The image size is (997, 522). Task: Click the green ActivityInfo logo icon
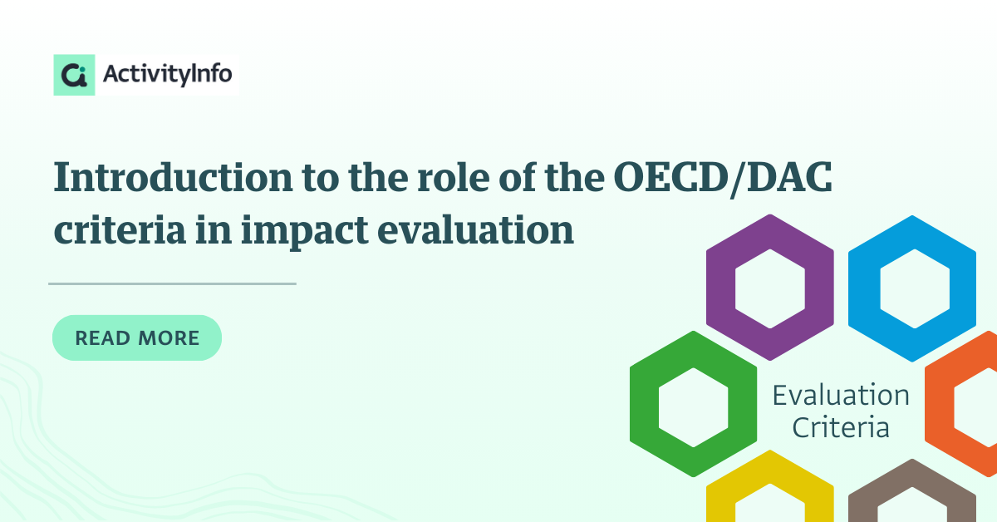(74, 75)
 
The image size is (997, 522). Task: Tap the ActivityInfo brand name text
(167, 74)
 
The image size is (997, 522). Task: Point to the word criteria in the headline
(120, 230)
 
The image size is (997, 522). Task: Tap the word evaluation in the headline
(476, 229)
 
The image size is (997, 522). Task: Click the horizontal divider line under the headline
(172, 283)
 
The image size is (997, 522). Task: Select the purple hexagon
(721, 288)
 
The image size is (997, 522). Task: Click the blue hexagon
(864, 288)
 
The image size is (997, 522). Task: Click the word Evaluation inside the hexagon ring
(841, 395)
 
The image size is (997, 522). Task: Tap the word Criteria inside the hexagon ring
(841, 427)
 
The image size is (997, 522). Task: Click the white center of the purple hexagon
(770, 288)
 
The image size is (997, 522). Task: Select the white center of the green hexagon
(694, 407)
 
